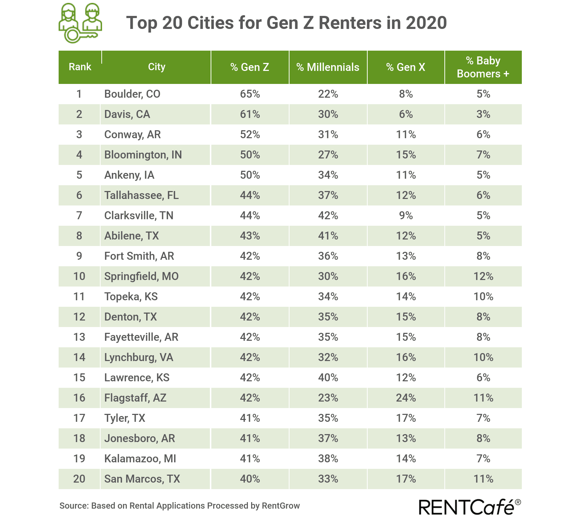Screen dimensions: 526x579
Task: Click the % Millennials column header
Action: (328, 67)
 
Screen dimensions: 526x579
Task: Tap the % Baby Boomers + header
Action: (483, 67)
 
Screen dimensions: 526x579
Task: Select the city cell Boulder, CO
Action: (132, 94)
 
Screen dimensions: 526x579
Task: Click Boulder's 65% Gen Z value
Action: (250, 94)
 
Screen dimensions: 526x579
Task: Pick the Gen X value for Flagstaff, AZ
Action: (406, 398)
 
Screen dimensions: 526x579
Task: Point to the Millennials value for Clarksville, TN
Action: (328, 216)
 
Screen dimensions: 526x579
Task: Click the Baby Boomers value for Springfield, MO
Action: (483, 276)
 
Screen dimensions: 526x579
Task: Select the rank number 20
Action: (79, 479)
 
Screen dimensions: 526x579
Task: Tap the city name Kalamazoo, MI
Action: (140, 459)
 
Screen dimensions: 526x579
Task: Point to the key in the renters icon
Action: (80, 35)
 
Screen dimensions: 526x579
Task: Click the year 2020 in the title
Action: (426, 23)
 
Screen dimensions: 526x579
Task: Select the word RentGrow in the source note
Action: (280, 506)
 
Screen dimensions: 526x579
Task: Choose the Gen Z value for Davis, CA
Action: (250, 114)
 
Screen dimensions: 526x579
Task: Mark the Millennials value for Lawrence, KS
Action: (328, 378)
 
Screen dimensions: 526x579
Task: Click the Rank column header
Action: (80, 67)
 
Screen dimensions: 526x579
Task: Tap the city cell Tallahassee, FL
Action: (141, 195)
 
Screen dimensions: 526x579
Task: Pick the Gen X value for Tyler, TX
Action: (406, 418)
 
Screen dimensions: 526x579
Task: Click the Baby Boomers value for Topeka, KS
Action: (483, 297)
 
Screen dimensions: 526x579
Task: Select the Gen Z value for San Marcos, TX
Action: (250, 479)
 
